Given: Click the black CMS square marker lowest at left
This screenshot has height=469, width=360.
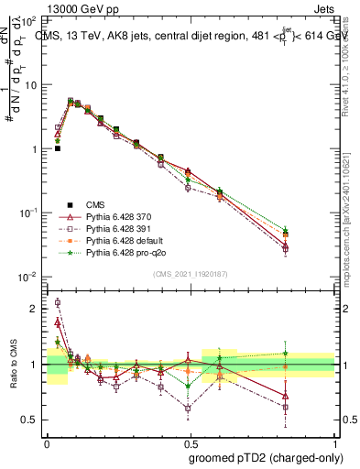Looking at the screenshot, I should pyautogui.click(x=57, y=148).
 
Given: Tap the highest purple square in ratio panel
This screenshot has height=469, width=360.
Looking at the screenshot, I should pyautogui.click(x=57, y=302).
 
